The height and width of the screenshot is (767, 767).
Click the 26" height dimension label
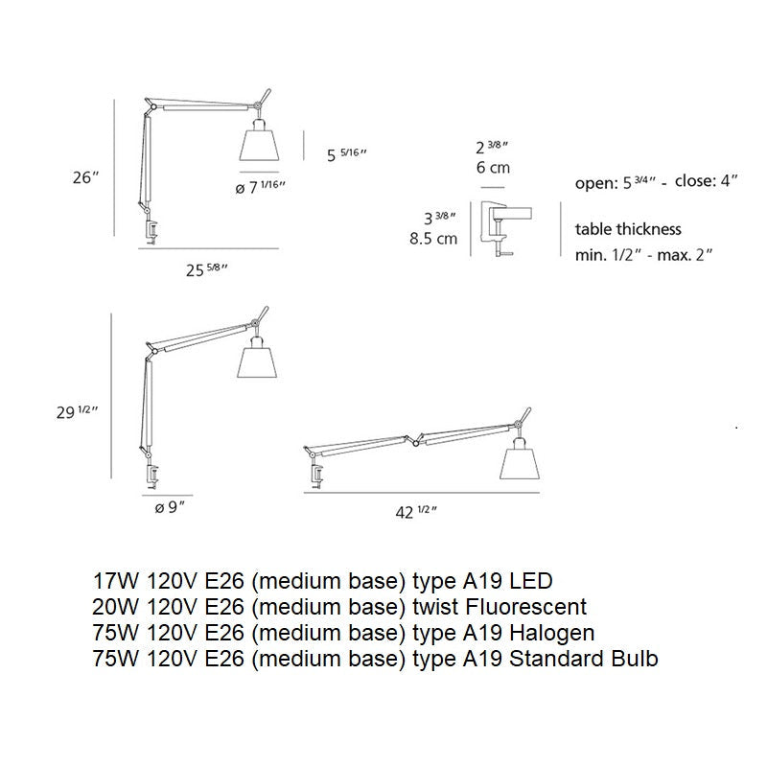pyautogui.click(x=85, y=177)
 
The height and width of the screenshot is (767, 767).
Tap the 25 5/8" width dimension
pyautogui.click(x=206, y=270)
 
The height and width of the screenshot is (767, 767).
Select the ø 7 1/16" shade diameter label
pyautogui.click(x=260, y=188)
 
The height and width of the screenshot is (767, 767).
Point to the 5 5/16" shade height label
pyautogui.click(x=347, y=154)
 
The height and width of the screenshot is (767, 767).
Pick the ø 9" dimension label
pyautogui.click(x=169, y=508)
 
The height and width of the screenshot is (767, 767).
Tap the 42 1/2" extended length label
pyautogui.click(x=416, y=512)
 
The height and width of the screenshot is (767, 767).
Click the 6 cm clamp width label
pyautogui.click(x=494, y=168)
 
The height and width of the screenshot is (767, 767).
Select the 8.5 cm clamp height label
pyautogui.click(x=434, y=239)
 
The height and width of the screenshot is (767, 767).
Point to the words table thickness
pyautogui.click(x=628, y=229)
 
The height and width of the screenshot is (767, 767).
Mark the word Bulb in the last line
pyautogui.click(x=636, y=659)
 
